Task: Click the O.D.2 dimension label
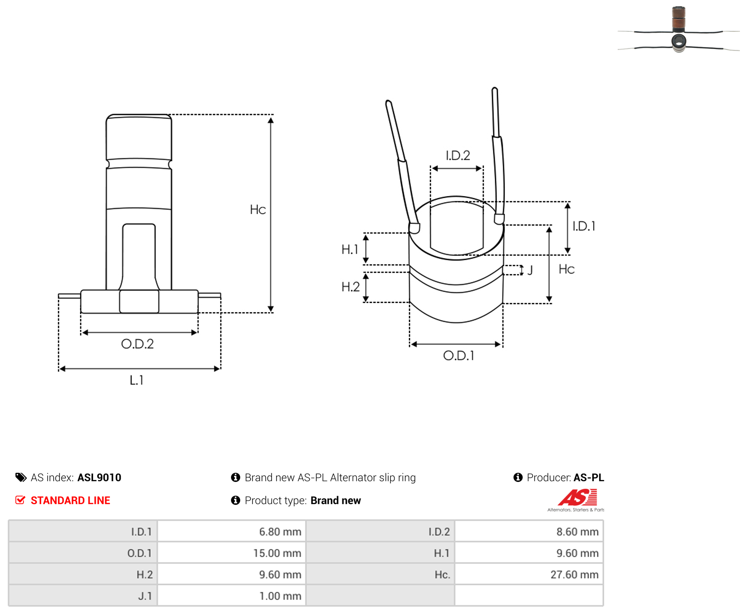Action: point(137,344)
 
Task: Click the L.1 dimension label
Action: point(136,380)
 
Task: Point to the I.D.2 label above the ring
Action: point(458,155)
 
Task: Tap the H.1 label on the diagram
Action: point(350,249)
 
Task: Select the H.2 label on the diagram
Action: point(350,287)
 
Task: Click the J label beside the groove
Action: point(530,270)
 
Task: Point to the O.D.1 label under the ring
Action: point(458,355)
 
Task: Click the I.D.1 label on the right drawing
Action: point(584,226)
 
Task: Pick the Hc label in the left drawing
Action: point(258,210)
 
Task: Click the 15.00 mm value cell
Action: point(232,553)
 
